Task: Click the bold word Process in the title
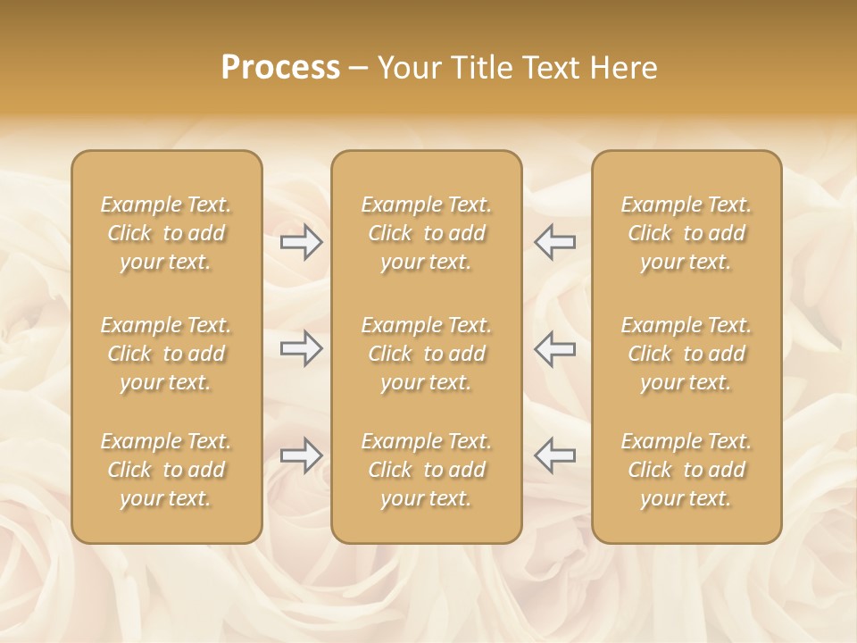[x=280, y=68]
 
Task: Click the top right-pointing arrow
[x=302, y=242]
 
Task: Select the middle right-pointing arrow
[x=302, y=348]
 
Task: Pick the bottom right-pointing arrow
[x=302, y=455]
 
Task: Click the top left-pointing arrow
[x=554, y=242]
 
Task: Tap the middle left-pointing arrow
[x=554, y=348]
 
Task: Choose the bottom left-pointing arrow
[x=554, y=455]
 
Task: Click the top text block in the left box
[x=166, y=233]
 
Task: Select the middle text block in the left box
[x=166, y=354]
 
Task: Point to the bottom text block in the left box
[x=166, y=470]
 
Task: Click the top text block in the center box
[x=427, y=233]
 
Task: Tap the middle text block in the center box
[x=427, y=354]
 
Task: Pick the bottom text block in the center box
[x=427, y=470]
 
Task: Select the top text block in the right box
[x=686, y=233]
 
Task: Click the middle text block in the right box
[x=686, y=354]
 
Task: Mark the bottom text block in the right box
[x=686, y=470]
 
